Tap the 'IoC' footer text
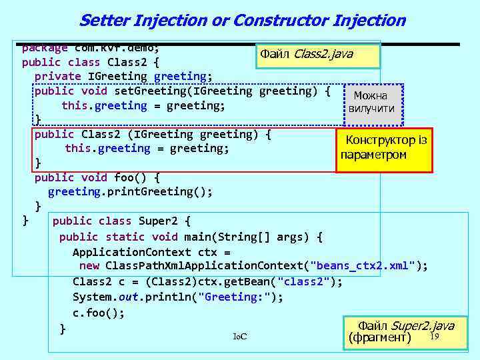(x=240, y=336)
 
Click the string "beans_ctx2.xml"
(x=363, y=266)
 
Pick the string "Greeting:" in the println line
(x=243, y=296)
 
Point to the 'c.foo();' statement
(x=99, y=312)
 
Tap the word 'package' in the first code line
(x=45, y=47)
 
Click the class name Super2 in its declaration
(x=160, y=221)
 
